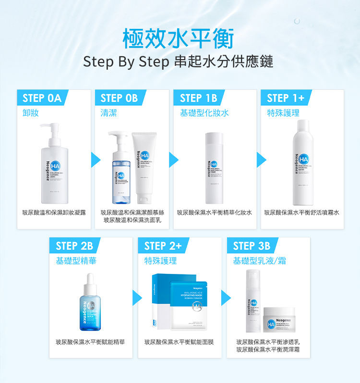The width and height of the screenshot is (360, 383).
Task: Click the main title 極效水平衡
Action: [178, 38]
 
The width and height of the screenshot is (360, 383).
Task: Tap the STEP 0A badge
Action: [42, 98]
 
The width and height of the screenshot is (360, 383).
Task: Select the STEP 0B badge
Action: [119, 98]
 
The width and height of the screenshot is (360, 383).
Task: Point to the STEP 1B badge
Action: [198, 98]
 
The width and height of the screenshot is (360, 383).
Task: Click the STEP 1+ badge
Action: [285, 98]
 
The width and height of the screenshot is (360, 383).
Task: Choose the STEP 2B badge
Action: [74, 246]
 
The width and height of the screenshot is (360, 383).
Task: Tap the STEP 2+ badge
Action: [163, 246]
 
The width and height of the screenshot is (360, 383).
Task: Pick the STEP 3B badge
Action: [251, 246]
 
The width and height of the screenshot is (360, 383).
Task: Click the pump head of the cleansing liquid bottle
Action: [50, 128]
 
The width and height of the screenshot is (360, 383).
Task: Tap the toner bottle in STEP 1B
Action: [214, 168]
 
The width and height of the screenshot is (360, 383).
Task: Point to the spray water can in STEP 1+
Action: [302, 161]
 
